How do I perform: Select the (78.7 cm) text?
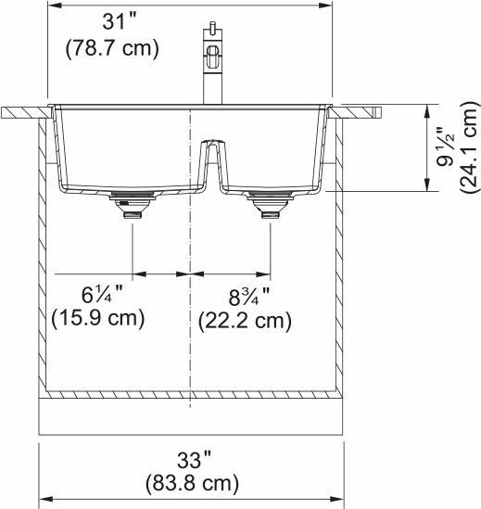[x=111, y=48]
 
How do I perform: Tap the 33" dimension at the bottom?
[x=194, y=458]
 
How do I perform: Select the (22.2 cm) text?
[x=245, y=321]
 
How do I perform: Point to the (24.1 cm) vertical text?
[x=468, y=147]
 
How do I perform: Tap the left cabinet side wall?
[x=42, y=260]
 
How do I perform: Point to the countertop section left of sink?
[x=23, y=111]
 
